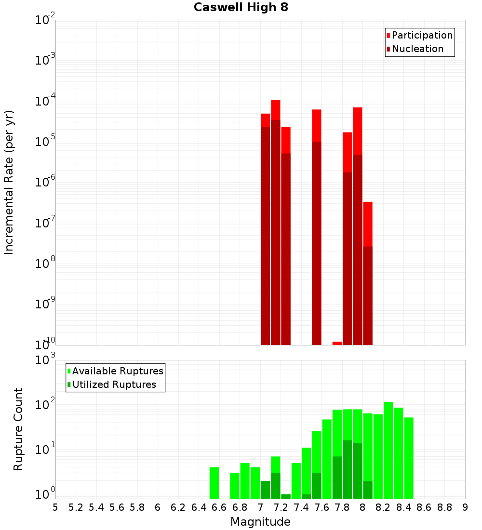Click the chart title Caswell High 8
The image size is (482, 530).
[241, 8]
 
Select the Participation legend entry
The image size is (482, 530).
[422, 35]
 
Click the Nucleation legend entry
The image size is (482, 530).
[417, 49]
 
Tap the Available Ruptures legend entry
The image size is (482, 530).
[117, 371]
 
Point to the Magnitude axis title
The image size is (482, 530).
[260, 522]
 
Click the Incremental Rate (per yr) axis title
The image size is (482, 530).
[9, 182]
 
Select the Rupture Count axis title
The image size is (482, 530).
[18, 429]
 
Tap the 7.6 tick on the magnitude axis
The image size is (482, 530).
[321, 507]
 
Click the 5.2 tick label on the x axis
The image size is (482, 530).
[76, 507]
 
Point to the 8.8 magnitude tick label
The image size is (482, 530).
[444, 507]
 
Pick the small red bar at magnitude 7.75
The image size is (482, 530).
[337, 343]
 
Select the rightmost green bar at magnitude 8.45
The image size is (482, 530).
[409, 458]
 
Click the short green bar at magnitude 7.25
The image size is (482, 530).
[286, 496]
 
